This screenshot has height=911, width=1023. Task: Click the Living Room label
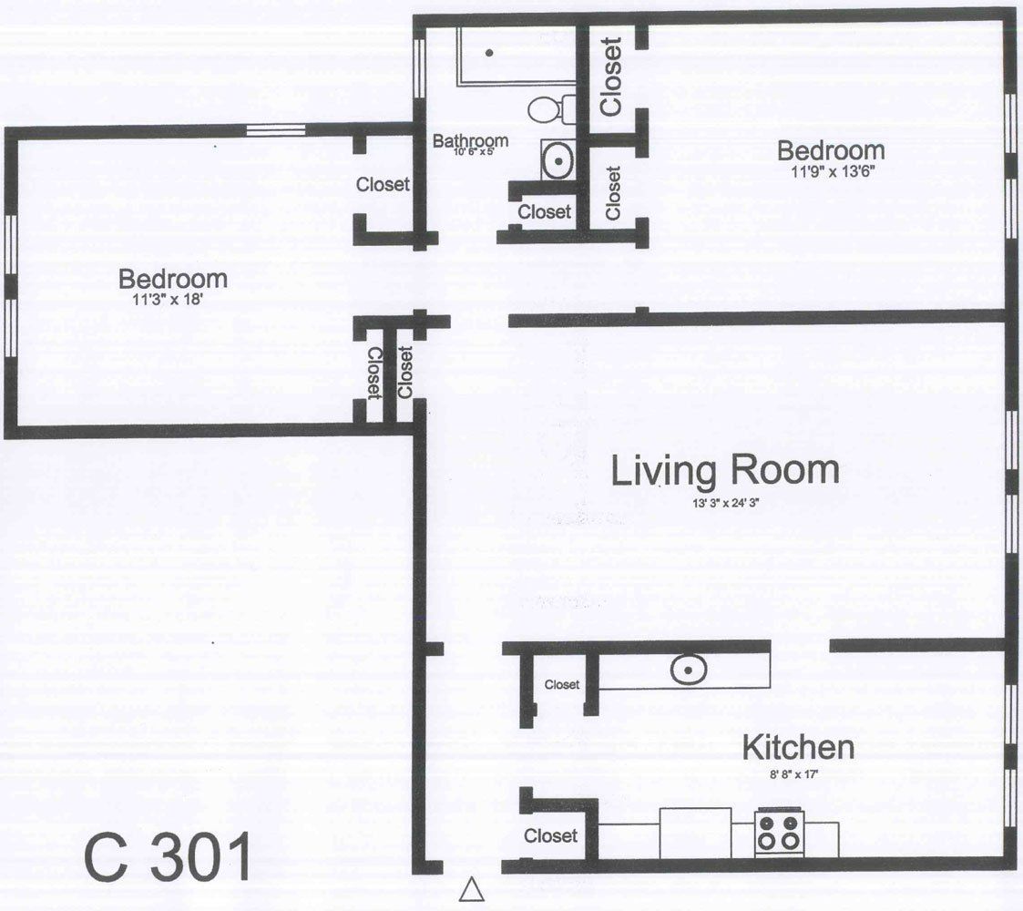724,472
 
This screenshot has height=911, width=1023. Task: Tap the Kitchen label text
799,748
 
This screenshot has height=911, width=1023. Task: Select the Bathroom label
470,141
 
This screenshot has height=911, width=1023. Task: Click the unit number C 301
169,857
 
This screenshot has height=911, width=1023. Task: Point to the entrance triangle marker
471,889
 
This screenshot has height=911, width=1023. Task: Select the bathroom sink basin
556,161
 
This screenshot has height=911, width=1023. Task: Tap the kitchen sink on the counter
690,670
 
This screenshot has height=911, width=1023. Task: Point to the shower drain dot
489,53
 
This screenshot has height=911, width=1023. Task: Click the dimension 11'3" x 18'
172,296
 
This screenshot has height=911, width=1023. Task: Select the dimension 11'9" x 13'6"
830,169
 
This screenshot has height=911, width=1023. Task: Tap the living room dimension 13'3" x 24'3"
724,501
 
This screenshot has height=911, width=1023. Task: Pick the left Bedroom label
172,278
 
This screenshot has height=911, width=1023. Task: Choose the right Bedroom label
830,150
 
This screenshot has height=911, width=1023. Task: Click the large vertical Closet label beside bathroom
611,76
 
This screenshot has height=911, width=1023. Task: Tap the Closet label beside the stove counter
550,835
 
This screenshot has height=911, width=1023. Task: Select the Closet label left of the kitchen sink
561,684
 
